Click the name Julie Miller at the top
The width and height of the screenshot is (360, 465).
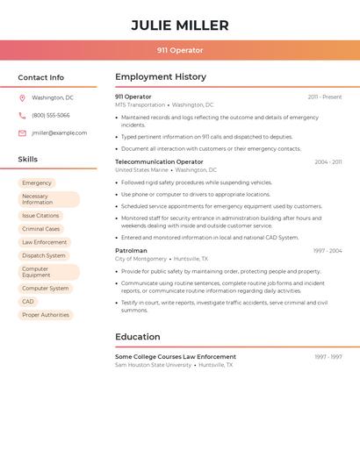(180, 25)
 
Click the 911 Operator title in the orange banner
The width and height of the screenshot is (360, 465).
(180, 50)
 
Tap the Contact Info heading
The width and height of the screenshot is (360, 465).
(41, 77)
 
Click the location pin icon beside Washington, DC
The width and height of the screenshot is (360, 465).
(22, 98)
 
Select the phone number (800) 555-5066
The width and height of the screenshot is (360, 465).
(51, 116)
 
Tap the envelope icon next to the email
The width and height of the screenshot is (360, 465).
(22, 133)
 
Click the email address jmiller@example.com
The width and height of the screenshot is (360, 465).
(60, 133)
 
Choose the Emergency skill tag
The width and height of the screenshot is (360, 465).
(37, 183)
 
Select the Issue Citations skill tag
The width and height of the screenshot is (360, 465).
(40, 216)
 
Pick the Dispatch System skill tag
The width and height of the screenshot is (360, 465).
(44, 255)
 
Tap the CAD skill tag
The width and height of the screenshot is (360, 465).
(28, 302)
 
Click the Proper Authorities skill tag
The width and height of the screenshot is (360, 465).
(46, 315)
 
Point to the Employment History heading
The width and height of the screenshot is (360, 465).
(161, 77)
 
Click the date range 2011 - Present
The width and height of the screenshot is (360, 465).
(325, 97)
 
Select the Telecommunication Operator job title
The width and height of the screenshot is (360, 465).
(159, 162)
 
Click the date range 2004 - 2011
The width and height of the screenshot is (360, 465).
(328, 162)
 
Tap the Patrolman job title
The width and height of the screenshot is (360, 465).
(131, 251)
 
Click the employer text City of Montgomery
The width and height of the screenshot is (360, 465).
(140, 260)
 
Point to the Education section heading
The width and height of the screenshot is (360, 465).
(138, 337)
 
